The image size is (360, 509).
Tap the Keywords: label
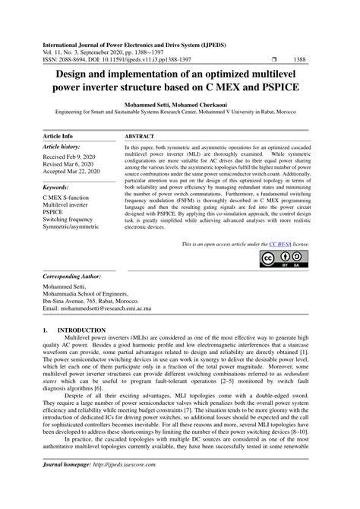tap(61, 186)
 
